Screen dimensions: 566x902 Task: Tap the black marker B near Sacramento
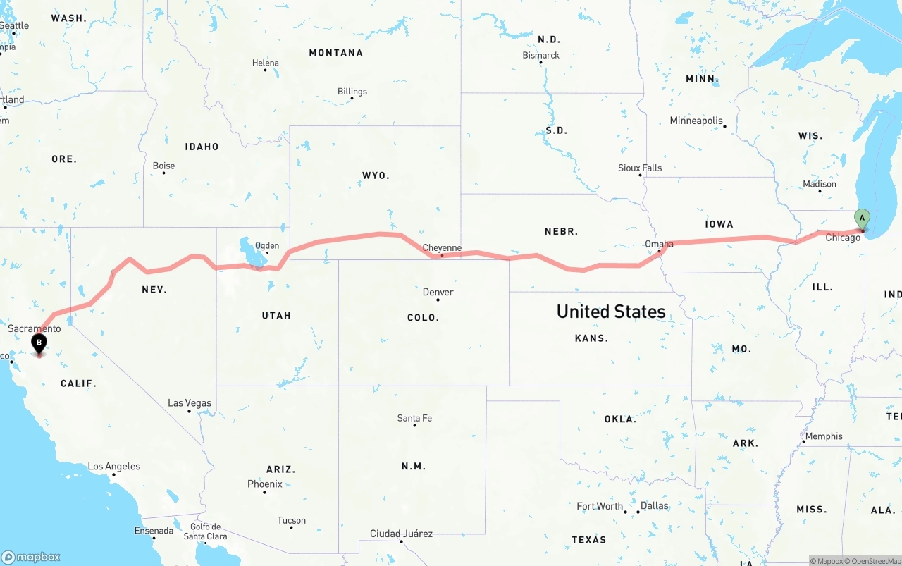point(39,344)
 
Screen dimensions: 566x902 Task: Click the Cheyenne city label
point(442,248)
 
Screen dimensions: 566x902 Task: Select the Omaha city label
point(659,244)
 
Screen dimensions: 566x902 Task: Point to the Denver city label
point(438,292)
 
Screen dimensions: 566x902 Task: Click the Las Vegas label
point(190,403)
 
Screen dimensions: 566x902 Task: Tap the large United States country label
point(610,312)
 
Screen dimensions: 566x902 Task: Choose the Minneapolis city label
point(696,121)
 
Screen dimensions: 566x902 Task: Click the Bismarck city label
point(540,55)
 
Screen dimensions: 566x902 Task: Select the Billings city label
point(352,91)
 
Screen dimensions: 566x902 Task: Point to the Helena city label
point(266,63)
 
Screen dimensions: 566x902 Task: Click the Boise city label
point(163,166)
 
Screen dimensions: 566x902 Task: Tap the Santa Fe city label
point(414,418)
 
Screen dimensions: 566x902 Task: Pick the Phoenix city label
point(265,484)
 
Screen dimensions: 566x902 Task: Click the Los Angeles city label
point(114,466)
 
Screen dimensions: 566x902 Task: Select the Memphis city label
point(823,436)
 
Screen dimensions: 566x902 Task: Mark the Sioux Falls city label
point(640,168)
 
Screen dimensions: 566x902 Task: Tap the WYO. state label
point(376,176)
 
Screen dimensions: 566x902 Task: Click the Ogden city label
point(267,246)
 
